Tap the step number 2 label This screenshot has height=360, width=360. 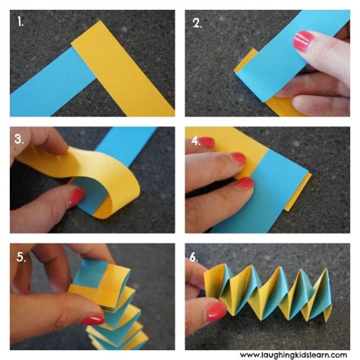click(197, 22)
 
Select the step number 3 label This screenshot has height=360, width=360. click(18, 139)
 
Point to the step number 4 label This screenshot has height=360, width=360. click(197, 141)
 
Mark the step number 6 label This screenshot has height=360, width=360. click(194, 257)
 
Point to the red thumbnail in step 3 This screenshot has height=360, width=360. click(77, 198)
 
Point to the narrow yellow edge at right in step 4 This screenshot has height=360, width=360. click(304, 194)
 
